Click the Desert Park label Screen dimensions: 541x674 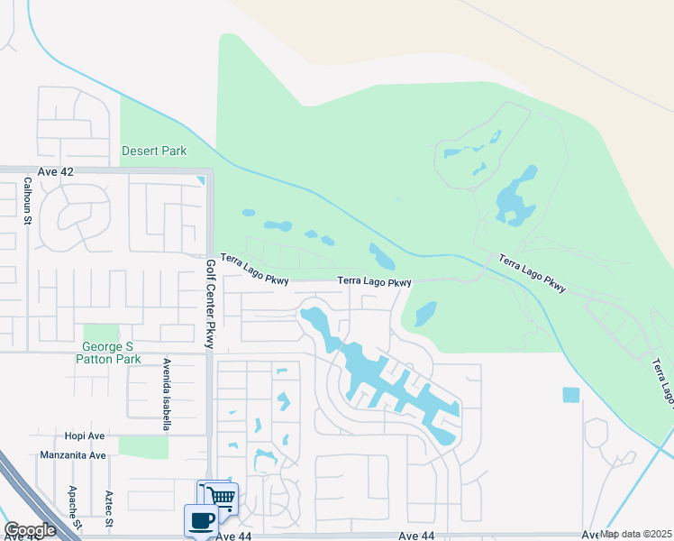click(154, 151)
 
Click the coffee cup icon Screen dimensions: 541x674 click(200, 520)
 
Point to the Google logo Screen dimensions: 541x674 click(31, 530)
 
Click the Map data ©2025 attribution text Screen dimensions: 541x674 click(636, 534)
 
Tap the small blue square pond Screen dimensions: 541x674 click(571, 395)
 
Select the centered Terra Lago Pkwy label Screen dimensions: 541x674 click(374, 281)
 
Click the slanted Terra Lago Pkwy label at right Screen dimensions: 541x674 click(533, 274)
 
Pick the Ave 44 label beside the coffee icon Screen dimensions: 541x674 click(233, 536)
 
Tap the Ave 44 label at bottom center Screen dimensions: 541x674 click(417, 536)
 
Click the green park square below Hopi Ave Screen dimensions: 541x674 click(143, 446)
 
